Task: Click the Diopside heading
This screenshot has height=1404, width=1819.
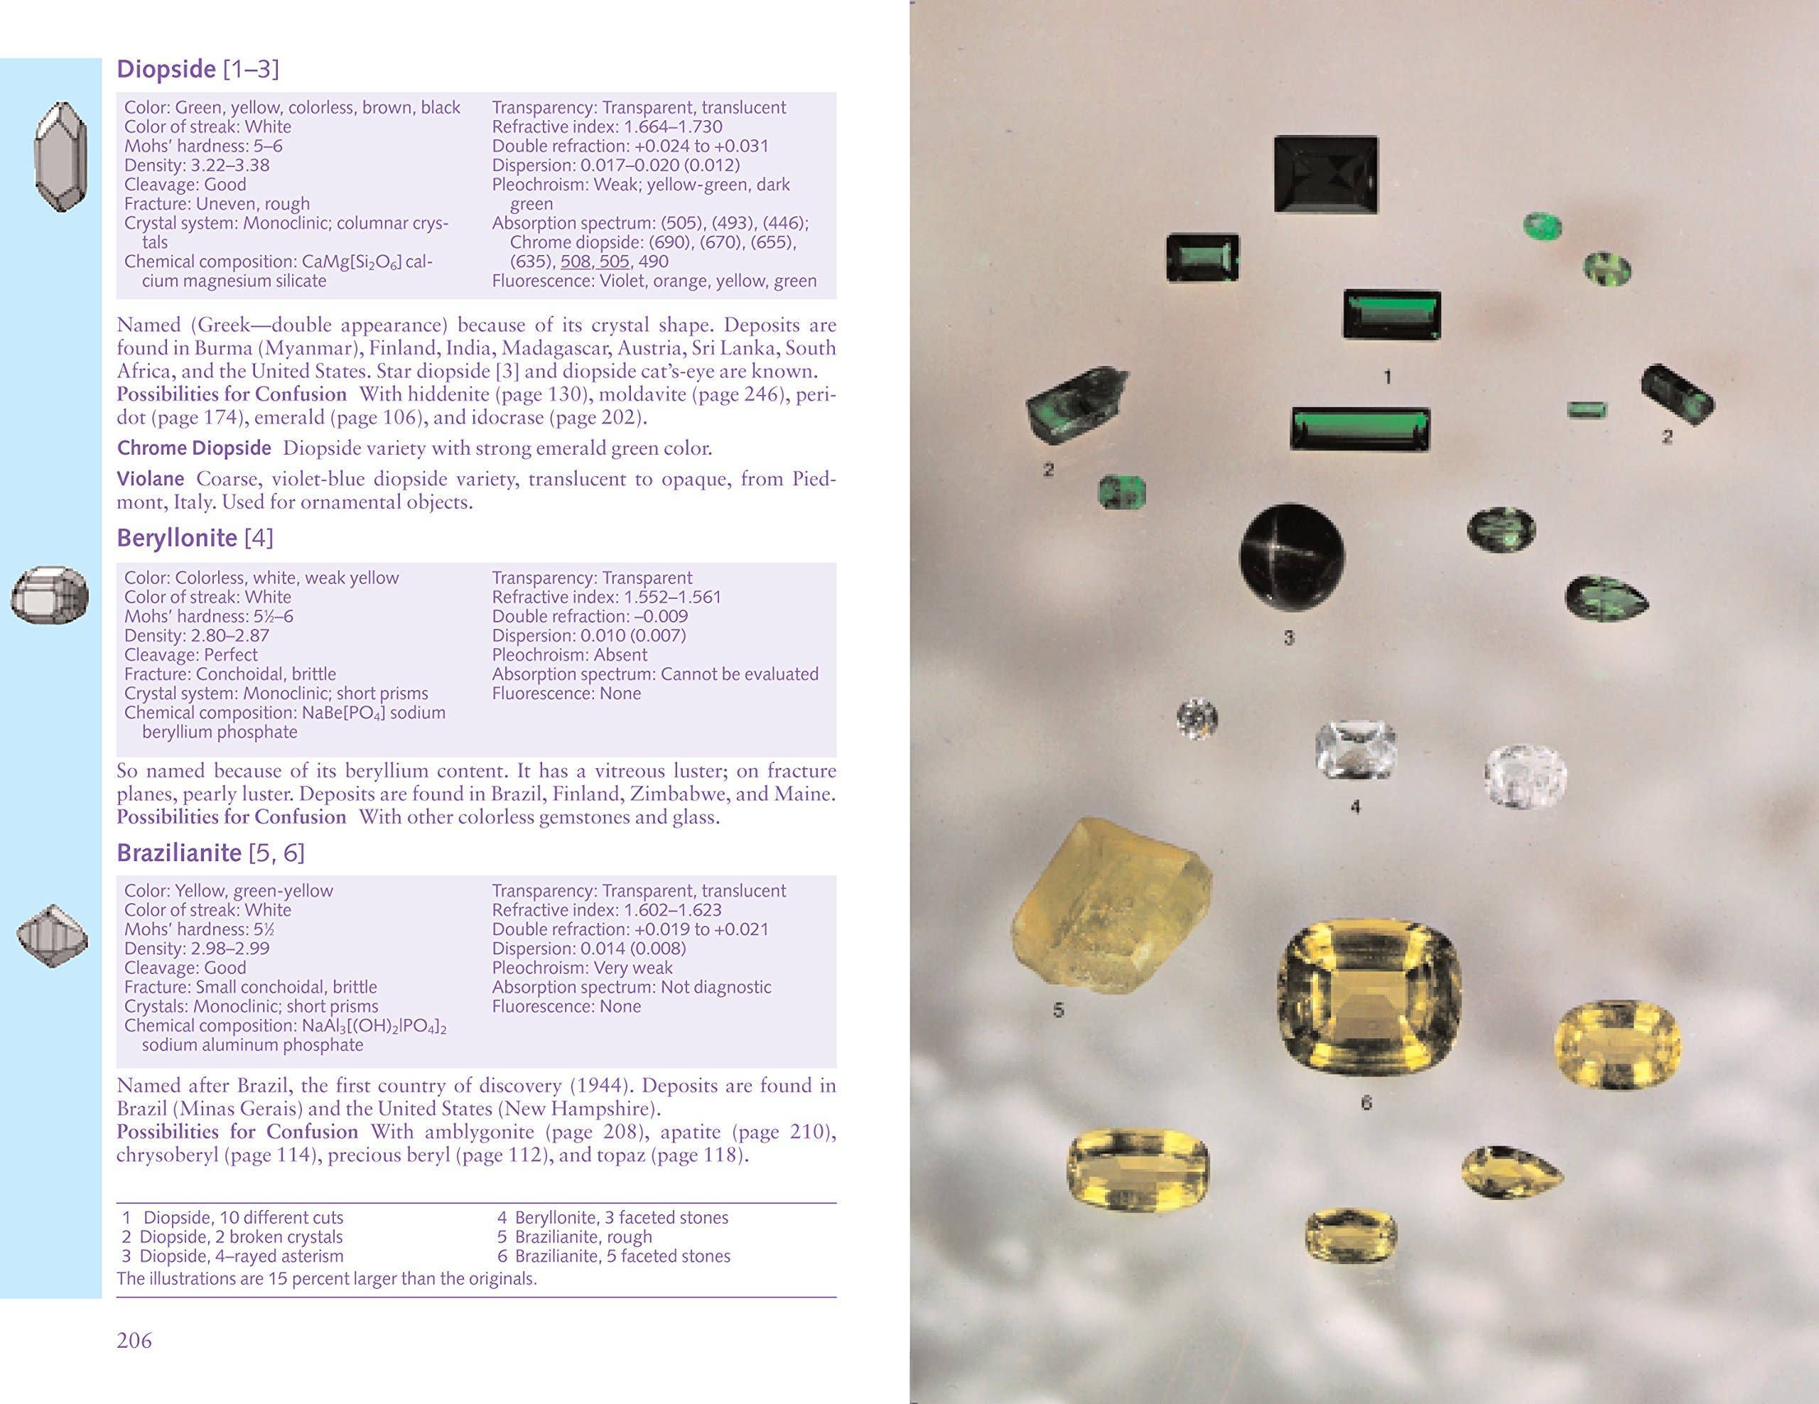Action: coord(166,69)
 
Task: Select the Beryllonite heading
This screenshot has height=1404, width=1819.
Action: coord(176,539)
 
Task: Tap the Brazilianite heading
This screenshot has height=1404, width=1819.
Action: coord(179,853)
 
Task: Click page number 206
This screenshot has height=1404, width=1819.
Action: coord(134,1340)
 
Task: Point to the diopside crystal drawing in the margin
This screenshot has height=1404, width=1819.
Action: coord(61,156)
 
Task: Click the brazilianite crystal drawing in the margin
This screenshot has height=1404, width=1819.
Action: coord(52,935)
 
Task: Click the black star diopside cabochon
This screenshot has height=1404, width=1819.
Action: coord(1291,557)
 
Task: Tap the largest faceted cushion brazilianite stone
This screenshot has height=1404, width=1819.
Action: coord(1369,997)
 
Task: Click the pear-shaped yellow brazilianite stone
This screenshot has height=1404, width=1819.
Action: coord(1509,1171)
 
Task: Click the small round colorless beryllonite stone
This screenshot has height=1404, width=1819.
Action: coord(1197,718)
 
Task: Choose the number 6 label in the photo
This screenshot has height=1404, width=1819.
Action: coord(1366,1103)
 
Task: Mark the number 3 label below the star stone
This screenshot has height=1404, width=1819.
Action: coord(1288,639)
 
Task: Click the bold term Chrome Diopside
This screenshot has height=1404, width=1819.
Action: coord(194,448)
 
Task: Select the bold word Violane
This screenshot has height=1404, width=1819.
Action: coord(150,479)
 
